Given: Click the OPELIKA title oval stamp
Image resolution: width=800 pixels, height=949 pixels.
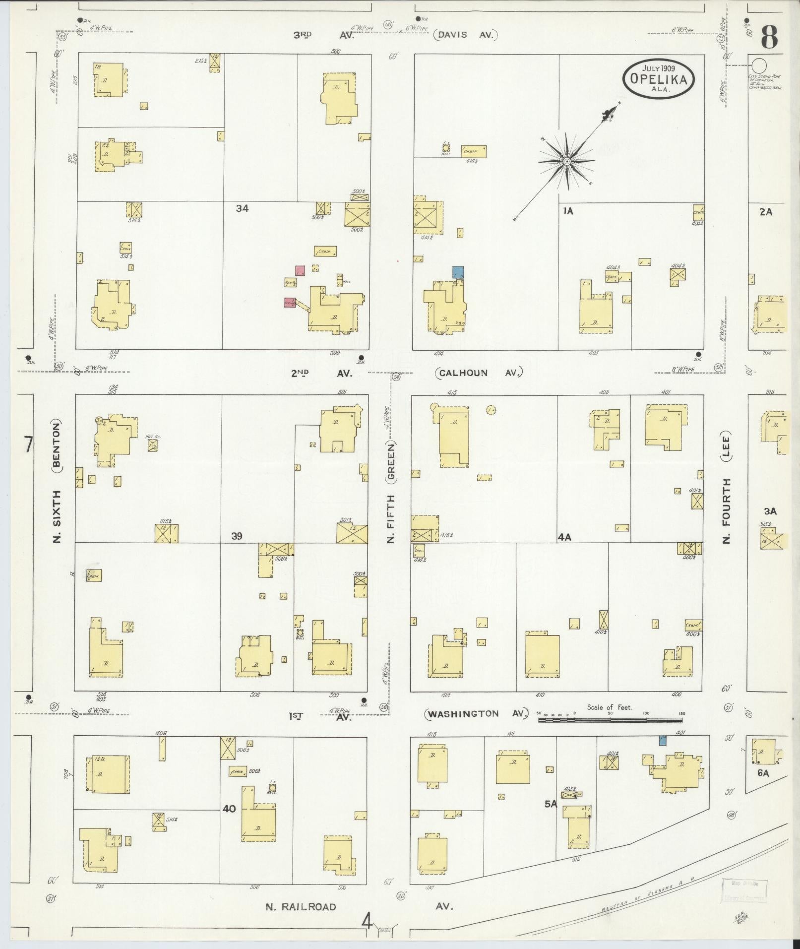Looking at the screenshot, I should point(658,78).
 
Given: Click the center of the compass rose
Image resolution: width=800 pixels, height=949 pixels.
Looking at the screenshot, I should point(566,161).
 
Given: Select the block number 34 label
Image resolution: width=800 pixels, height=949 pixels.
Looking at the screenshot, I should point(242,209).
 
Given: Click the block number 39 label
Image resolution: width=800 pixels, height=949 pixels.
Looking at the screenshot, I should point(237,536).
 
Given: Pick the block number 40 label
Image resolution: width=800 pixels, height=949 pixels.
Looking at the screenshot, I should point(229,809).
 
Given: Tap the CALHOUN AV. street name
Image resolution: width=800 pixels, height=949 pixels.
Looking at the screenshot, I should point(479,373).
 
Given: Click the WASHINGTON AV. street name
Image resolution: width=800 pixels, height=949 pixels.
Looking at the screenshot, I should point(476,714).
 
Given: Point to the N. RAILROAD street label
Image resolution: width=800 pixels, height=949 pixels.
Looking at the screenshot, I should point(301,907).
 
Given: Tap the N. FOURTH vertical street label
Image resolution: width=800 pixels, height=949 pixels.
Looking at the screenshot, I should point(727,511).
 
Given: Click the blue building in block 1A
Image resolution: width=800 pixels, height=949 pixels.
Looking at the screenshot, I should point(458,272).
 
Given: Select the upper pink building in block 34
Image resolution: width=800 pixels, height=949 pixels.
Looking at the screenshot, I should point(300,271).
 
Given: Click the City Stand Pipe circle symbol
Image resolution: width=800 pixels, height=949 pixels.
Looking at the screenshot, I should point(758,65).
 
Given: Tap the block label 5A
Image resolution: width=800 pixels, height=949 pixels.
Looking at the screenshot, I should point(551,804).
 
